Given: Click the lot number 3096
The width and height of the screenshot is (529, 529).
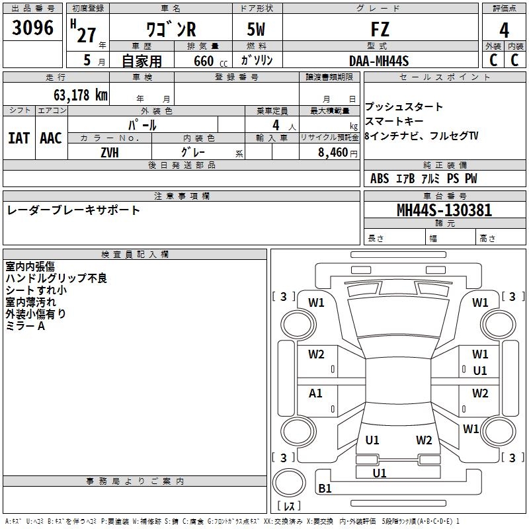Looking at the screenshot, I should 33,28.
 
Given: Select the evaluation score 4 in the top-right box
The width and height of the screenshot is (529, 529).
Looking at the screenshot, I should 504,30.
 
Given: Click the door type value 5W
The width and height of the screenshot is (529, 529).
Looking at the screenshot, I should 257,30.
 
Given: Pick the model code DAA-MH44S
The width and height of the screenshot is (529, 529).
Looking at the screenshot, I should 380,61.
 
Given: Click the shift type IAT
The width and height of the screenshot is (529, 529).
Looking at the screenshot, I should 19,138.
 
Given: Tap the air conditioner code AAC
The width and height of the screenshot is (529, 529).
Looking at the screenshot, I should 50,138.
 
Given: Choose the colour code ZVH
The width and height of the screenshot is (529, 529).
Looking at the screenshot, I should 110,152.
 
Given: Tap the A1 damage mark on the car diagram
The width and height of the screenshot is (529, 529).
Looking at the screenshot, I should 316,393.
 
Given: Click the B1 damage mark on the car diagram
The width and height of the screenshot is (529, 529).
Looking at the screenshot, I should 325,489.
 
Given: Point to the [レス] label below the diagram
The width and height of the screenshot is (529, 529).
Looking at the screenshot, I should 291,507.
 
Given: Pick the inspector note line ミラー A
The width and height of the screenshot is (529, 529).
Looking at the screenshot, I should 25,326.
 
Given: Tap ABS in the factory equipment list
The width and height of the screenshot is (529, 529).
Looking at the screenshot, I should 380,179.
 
